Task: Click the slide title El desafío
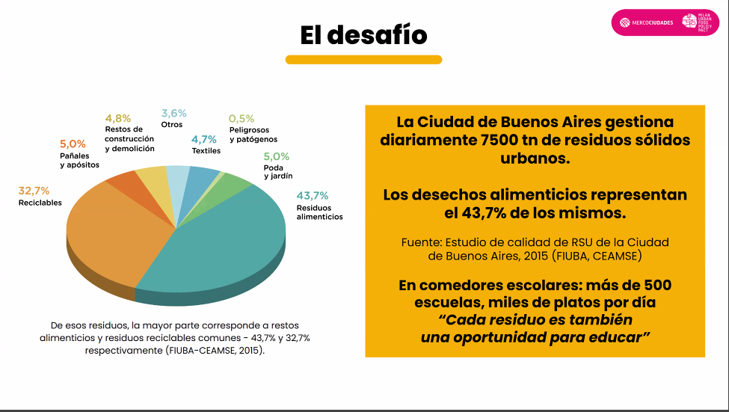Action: pos(363,35)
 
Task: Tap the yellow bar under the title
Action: pos(363,60)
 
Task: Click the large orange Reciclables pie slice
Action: pos(112,232)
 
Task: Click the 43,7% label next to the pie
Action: pos(312,196)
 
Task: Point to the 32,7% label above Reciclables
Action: pos(34,191)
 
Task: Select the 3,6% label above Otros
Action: pos(173,113)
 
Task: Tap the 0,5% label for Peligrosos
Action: pos(242,118)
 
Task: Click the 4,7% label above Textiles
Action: pos(203,139)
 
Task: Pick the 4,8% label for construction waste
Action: pos(117,118)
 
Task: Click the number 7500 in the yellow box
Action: pos(505,140)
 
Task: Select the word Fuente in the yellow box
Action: pos(422,242)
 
